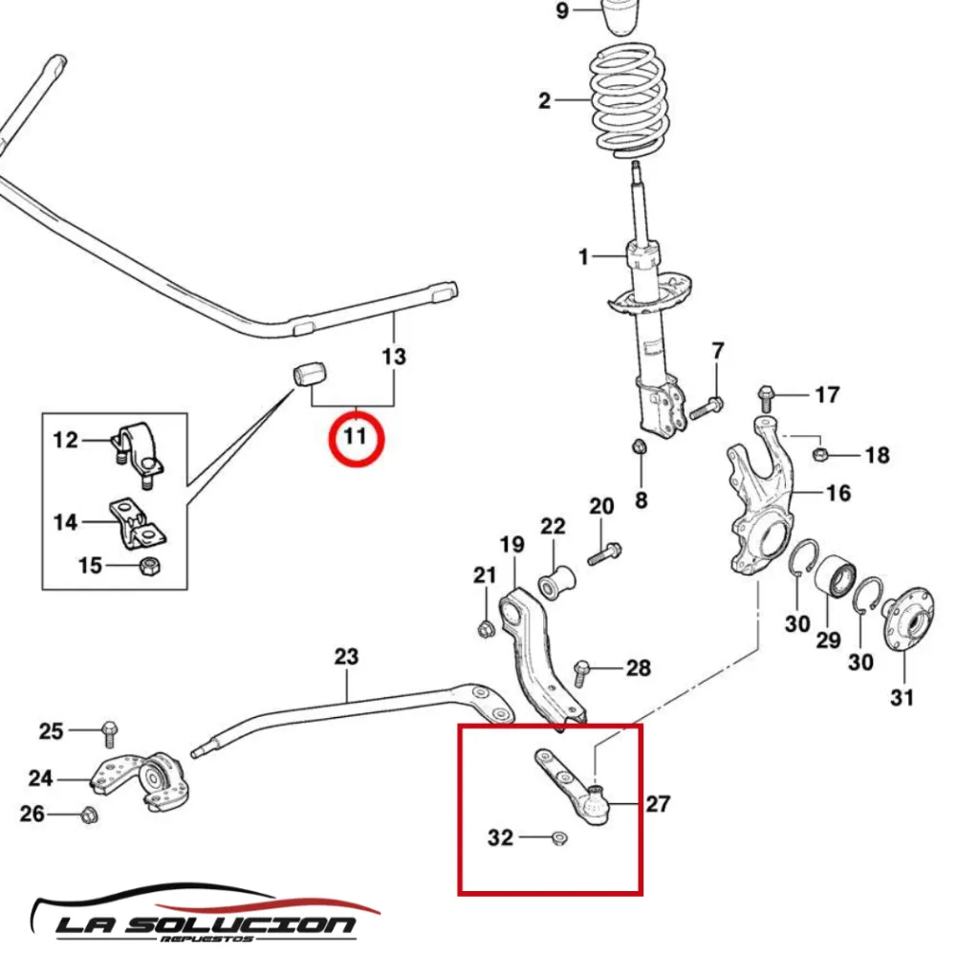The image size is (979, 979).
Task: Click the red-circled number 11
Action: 355,438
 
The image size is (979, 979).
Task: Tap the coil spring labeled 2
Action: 628,100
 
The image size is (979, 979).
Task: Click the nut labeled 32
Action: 560,839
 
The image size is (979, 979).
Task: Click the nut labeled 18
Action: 819,452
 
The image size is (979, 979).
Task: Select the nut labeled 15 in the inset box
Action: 149,565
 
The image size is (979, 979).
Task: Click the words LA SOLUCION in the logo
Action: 205,925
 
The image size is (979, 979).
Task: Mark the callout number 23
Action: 346,657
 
